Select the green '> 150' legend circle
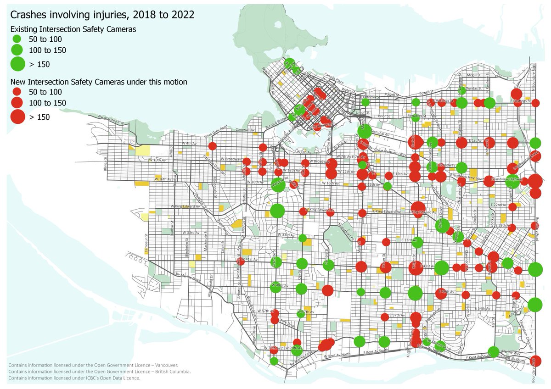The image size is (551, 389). [18, 64]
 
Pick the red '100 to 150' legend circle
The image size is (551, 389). [17, 103]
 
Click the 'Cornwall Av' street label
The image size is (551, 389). [246, 130]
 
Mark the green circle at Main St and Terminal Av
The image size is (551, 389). [364, 131]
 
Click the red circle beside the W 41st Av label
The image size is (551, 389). [240, 261]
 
